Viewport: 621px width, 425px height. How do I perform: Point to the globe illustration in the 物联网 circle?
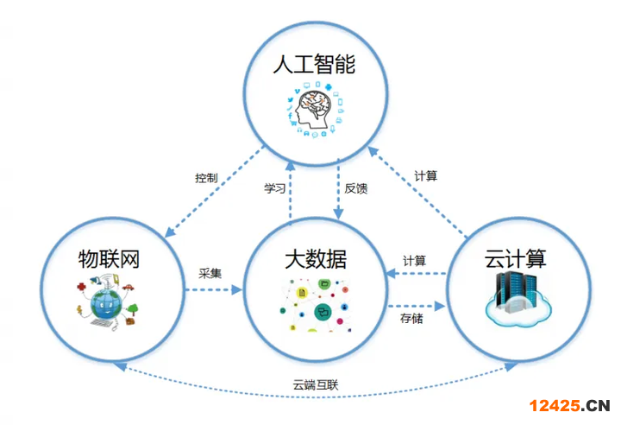pos(104,302)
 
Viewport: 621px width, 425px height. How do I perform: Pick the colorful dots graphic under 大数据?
pos(314,303)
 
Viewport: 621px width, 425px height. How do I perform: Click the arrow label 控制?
pos(206,178)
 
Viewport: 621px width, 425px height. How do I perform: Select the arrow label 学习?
pos(274,188)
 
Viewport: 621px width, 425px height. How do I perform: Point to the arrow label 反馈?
pos(355,188)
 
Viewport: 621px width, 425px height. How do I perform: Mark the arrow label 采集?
pos(210,273)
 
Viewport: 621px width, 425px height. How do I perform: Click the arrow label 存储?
pos(411,320)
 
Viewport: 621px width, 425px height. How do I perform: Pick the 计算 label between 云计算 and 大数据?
pos(414,260)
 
